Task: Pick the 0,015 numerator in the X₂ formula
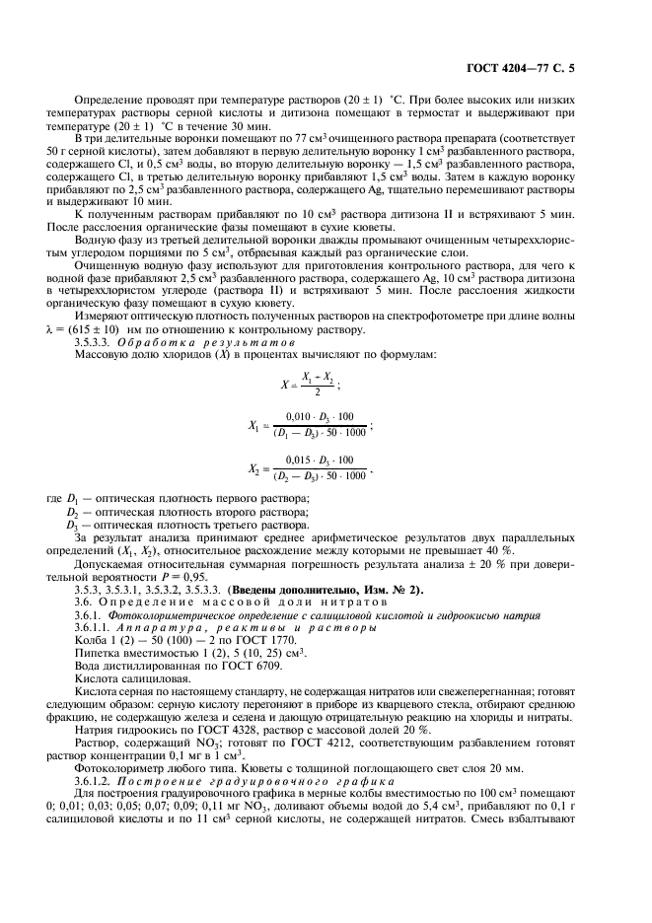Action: point(300,460)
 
